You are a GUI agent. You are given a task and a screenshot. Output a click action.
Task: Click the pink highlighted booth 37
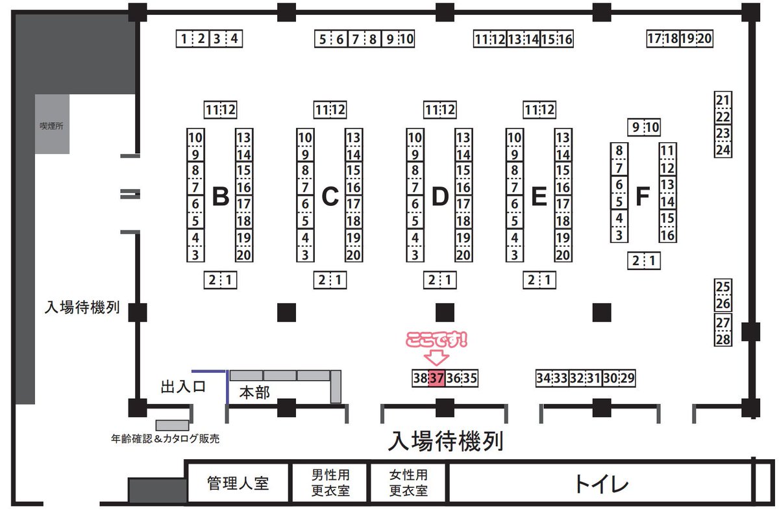(436, 378)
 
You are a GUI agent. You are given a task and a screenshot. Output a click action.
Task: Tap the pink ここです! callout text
(437, 340)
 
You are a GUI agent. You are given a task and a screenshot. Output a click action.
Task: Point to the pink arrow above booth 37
(436, 357)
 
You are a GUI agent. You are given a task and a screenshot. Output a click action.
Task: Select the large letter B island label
(221, 195)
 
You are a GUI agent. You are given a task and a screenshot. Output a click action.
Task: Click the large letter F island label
(643, 195)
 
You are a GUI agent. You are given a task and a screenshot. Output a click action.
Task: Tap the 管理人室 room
(238, 484)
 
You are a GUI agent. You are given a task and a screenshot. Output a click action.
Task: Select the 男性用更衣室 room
(330, 483)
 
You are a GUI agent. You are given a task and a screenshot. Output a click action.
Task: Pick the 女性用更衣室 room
(408, 483)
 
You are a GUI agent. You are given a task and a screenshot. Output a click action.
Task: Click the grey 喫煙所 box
(52, 124)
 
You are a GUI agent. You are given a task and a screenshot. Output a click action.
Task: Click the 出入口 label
(183, 388)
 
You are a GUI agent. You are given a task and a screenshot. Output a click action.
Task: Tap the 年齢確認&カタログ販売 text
(166, 439)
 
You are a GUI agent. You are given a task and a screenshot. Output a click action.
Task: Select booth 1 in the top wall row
(184, 39)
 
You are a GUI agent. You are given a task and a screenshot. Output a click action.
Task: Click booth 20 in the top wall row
(705, 38)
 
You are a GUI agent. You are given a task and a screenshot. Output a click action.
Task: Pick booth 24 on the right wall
(723, 149)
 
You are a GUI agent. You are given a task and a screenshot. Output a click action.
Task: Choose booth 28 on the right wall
(723, 338)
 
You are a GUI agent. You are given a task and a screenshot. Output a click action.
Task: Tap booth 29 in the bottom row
(626, 378)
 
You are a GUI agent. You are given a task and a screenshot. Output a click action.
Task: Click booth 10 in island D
(415, 138)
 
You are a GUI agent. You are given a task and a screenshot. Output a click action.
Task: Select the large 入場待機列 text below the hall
(445, 442)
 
